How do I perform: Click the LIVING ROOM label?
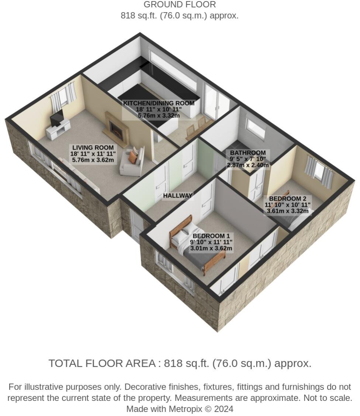click(x=93, y=147)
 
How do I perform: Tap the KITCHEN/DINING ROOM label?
click(x=159, y=103)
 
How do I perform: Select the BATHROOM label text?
click(x=247, y=153)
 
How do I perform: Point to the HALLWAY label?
click(x=178, y=196)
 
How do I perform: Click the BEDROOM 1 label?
click(x=211, y=236)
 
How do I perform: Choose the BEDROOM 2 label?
click(x=287, y=199)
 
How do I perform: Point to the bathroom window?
click(x=256, y=127)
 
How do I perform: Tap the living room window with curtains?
click(x=63, y=97)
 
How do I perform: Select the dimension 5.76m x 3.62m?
click(x=93, y=160)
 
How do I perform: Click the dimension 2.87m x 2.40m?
click(x=247, y=165)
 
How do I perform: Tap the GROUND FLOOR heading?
click(x=180, y=5)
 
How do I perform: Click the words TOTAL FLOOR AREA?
click(x=102, y=363)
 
